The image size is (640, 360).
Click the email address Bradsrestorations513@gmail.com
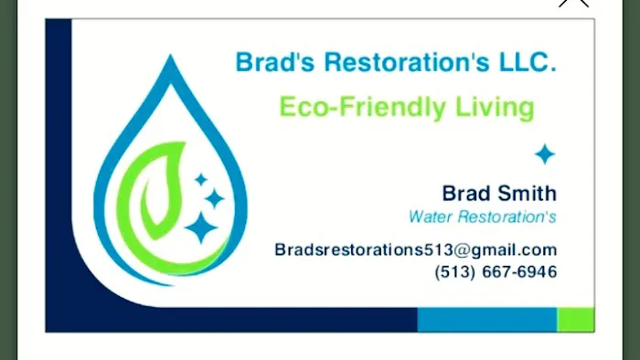(415, 249)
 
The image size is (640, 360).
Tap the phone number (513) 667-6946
(496, 271)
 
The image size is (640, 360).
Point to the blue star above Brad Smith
(545, 154)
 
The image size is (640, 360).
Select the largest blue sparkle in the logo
(200, 228)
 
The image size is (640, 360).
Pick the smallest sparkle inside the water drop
(200, 180)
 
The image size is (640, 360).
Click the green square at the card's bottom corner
(575, 319)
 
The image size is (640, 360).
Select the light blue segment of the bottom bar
(486, 319)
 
